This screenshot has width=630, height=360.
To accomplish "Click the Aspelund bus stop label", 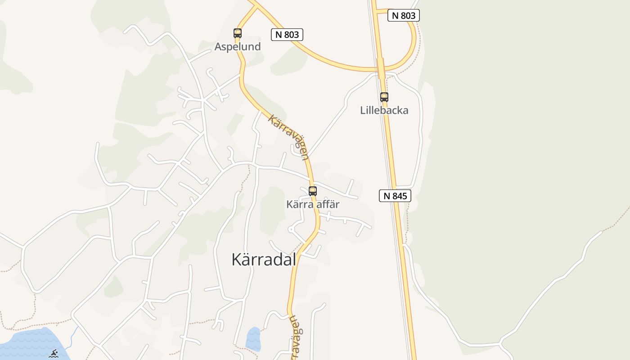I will (x=237, y=46).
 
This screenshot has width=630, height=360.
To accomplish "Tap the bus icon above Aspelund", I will (x=237, y=33).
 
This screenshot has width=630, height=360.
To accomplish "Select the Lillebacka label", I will (x=384, y=110).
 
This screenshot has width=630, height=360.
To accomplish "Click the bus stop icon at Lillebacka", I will (x=384, y=97).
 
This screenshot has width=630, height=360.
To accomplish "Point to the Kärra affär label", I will (x=312, y=204).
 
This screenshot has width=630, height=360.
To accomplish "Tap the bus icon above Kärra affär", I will (x=312, y=191).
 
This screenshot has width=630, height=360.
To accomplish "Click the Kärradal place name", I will (x=264, y=259).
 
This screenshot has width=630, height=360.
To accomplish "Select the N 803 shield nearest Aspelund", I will (x=287, y=35).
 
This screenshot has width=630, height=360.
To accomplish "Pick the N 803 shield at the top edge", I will (x=404, y=15).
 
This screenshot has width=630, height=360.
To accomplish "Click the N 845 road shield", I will (x=395, y=196).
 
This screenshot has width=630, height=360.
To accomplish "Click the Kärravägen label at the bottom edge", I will (x=294, y=337).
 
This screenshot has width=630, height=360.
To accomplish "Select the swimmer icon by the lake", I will (x=54, y=354).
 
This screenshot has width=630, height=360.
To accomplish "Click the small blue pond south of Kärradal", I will (x=253, y=339).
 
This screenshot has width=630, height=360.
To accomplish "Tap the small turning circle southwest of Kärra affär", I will (x=291, y=229).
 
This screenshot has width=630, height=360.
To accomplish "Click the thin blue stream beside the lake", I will (x=74, y=335).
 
